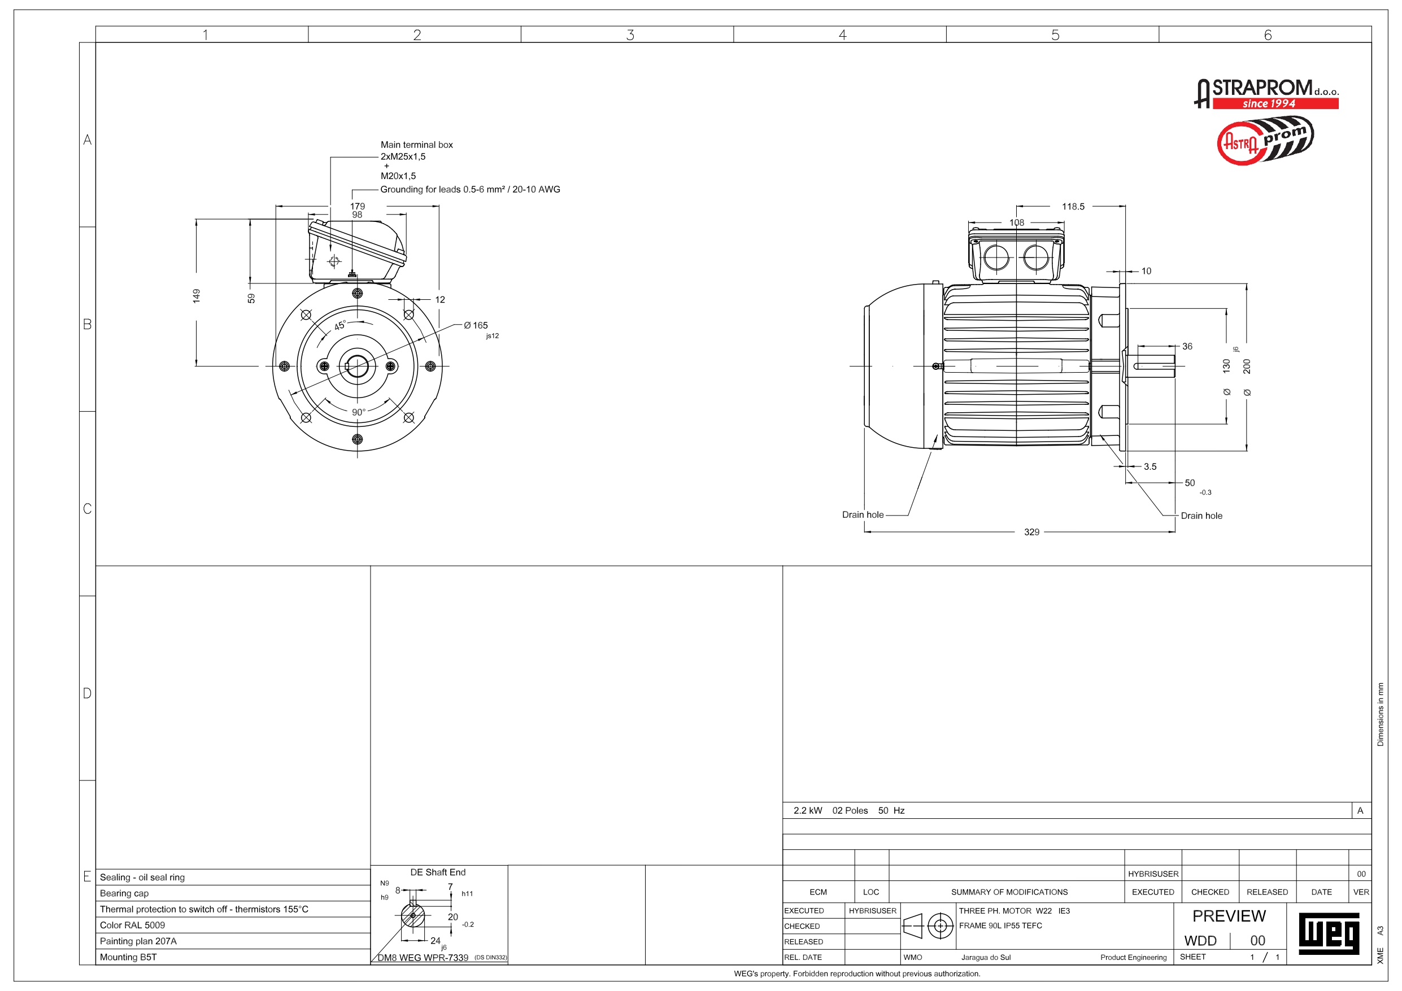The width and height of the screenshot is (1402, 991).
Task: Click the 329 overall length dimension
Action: click(x=1031, y=532)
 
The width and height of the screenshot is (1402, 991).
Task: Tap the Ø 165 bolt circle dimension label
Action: click(x=476, y=326)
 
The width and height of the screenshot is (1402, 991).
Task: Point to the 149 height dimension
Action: click(x=196, y=296)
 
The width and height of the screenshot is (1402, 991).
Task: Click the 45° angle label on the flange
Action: click(x=339, y=325)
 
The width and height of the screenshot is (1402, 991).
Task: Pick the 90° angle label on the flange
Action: click(x=359, y=412)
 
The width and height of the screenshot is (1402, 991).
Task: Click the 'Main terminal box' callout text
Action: click(x=416, y=145)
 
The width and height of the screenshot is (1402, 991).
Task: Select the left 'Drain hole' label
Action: click(x=863, y=515)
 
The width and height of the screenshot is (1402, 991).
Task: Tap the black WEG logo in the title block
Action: click(x=1329, y=933)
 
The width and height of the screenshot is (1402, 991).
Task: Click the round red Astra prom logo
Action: click(x=1265, y=141)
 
